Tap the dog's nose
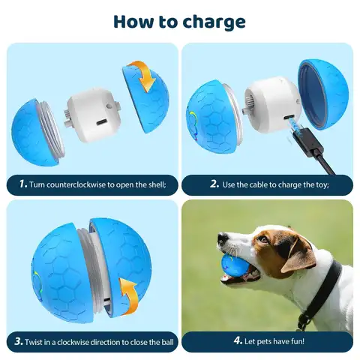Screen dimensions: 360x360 tap(222, 239)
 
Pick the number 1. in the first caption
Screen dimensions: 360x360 tap(23, 182)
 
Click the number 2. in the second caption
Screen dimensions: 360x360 tap(214, 182)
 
